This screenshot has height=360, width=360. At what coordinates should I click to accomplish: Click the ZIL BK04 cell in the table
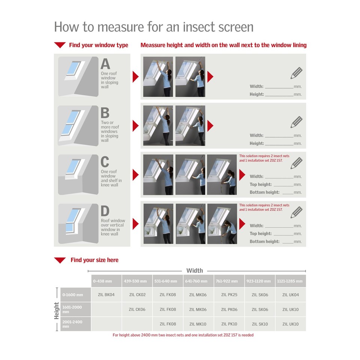click(106, 295)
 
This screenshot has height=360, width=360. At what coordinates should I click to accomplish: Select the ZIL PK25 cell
click(229, 295)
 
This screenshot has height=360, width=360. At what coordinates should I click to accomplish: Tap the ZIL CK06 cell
click(137, 309)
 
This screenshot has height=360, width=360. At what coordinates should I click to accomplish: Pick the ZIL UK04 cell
click(290, 295)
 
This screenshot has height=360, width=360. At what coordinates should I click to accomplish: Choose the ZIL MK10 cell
click(198, 324)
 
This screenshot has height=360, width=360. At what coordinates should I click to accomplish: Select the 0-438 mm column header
click(106, 281)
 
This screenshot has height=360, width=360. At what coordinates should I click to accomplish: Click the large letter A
click(105, 64)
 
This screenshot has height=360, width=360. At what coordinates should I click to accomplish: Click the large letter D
click(105, 211)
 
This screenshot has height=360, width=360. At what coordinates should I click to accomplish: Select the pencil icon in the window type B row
click(296, 122)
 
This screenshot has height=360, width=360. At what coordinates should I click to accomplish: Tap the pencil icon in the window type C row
click(296, 163)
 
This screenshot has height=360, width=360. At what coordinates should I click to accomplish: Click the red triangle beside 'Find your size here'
click(60, 260)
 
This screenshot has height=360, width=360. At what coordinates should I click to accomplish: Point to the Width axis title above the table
click(195, 270)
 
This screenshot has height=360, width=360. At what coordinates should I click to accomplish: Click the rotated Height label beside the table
click(57, 310)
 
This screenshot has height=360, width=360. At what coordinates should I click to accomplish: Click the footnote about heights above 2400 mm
click(183, 335)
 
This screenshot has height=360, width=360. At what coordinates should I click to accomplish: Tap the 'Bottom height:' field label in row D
click(265, 241)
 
